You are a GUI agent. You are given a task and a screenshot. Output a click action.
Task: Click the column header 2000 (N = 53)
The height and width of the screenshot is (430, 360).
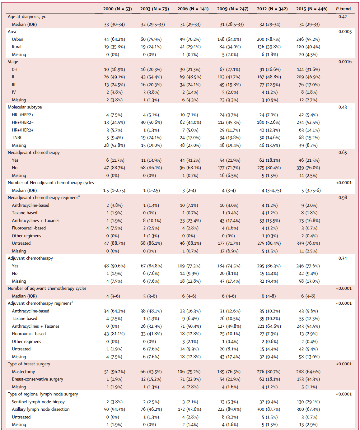click(117, 9)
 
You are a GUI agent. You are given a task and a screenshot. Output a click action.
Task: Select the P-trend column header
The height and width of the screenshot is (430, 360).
click(343, 9)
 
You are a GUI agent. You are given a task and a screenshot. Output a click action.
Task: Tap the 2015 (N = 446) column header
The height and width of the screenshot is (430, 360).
click(312, 9)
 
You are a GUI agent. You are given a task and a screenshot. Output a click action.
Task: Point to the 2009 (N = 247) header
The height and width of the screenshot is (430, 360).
click(232, 9)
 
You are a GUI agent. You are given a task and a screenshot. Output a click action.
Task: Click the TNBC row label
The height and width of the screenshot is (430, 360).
click(17, 137)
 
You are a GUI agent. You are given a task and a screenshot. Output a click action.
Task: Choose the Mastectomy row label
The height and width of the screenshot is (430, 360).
click(23, 372)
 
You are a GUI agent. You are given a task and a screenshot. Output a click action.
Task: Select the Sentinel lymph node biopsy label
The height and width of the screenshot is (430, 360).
click(38, 402)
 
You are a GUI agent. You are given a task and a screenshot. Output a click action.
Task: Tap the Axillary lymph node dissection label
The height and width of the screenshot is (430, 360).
click(41, 409)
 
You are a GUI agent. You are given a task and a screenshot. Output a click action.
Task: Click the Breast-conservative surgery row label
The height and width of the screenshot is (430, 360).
click(37, 379)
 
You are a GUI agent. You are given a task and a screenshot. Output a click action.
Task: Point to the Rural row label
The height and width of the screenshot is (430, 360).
click(16, 47)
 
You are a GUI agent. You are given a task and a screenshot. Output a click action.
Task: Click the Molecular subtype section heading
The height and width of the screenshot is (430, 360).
click(25, 107)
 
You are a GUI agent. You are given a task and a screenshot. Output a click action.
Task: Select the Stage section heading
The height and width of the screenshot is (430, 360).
click(13, 62)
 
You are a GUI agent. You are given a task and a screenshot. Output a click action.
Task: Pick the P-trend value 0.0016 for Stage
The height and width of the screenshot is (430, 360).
click(345, 62)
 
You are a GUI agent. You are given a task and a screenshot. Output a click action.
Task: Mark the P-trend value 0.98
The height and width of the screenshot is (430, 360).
click(343, 197)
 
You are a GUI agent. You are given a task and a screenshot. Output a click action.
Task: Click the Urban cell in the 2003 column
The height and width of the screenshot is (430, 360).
click(151, 39)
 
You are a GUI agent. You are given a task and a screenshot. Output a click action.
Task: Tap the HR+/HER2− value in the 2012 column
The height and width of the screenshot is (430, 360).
click(269, 122)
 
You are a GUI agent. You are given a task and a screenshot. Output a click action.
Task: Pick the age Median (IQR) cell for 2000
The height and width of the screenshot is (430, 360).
click(114, 24)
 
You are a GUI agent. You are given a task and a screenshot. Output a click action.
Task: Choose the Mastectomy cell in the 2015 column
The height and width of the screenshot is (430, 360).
click(308, 372)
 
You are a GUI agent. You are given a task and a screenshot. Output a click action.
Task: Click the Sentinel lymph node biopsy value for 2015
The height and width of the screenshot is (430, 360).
click(308, 402)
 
